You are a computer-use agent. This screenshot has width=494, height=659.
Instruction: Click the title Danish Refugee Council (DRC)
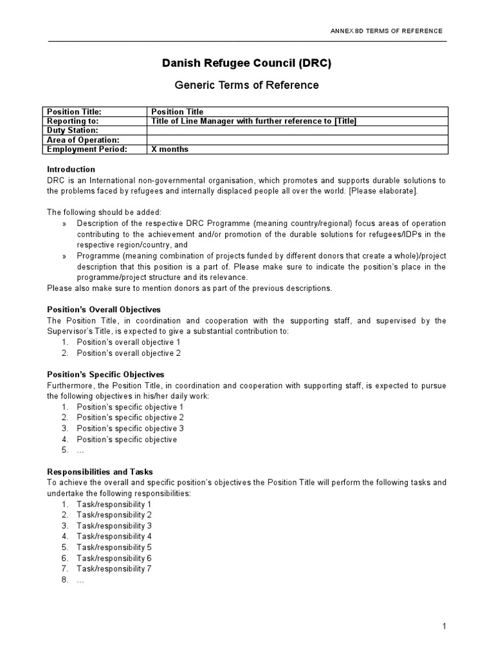[x=247, y=63]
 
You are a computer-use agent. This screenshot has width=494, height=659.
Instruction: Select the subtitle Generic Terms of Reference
[x=247, y=85]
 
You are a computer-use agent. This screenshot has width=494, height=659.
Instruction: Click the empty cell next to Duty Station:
[x=298, y=131]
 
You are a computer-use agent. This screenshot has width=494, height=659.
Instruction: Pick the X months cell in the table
[x=170, y=149]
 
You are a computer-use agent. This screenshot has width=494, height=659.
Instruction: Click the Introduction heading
[x=70, y=169]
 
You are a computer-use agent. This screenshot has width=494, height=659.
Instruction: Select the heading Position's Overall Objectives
[x=104, y=310]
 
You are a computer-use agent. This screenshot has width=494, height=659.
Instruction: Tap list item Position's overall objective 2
[x=129, y=353]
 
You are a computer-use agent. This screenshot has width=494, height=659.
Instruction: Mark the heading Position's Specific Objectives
[x=105, y=375]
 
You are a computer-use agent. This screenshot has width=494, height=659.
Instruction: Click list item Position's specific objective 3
[x=130, y=429]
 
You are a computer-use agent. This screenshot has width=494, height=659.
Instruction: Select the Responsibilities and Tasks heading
[x=100, y=472]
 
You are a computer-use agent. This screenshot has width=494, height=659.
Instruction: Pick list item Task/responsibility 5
[x=114, y=547]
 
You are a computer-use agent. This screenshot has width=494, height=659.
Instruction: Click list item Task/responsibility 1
[x=114, y=504]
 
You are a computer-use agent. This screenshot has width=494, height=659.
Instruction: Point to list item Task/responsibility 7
[x=114, y=569]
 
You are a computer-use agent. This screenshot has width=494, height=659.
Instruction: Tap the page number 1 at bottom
[x=444, y=626]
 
